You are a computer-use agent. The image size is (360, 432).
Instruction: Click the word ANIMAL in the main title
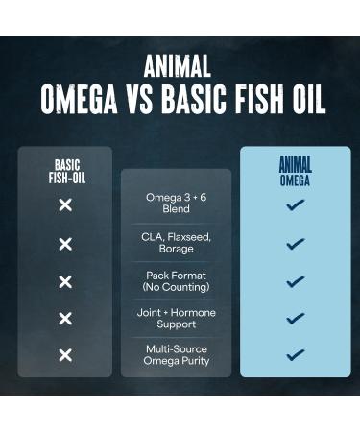tap(180, 66)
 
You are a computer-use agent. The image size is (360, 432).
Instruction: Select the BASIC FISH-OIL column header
tap(65, 171)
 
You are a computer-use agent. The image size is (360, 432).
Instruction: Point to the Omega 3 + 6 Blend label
tap(176, 204)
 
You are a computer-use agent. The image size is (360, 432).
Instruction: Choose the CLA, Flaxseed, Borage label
tap(176, 243)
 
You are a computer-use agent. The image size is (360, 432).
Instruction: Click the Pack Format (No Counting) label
tap(176, 281)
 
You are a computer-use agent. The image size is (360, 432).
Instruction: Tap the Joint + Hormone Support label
tap(176, 319)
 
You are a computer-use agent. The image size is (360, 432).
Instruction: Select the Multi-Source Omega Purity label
tap(176, 355)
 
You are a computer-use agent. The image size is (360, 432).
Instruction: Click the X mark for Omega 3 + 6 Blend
tap(65, 205)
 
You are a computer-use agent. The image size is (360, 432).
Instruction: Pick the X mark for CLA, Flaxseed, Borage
tap(65, 244)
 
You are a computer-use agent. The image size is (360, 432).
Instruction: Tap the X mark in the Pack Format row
tap(65, 281)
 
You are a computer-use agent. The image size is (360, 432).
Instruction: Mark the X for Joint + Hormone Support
tap(65, 319)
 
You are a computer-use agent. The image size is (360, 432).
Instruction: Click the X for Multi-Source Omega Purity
tap(65, 355)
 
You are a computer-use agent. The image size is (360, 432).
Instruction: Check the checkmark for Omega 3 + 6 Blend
tap(295, 205)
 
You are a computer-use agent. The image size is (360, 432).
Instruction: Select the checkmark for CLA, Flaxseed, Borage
tap(295, 244)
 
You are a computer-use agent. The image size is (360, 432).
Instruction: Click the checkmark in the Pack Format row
tap(295, 281)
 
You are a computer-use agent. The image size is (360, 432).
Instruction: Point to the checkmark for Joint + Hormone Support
tap(295, 319)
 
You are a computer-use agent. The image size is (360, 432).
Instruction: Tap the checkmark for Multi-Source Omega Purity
tap(295, 355)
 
